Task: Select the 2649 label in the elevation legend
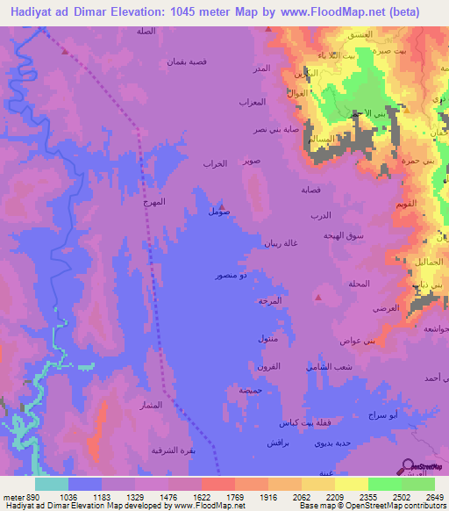tap(435, 496)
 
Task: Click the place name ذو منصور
tap(231, 276)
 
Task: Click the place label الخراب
tap(215, 163)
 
